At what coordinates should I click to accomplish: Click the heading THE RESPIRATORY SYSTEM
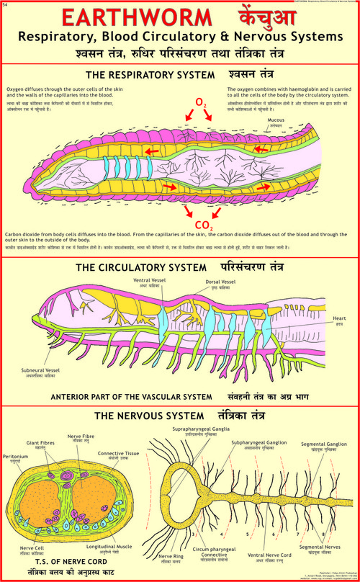150,74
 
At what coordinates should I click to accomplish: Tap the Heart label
339,318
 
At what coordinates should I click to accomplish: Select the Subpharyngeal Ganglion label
256,442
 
